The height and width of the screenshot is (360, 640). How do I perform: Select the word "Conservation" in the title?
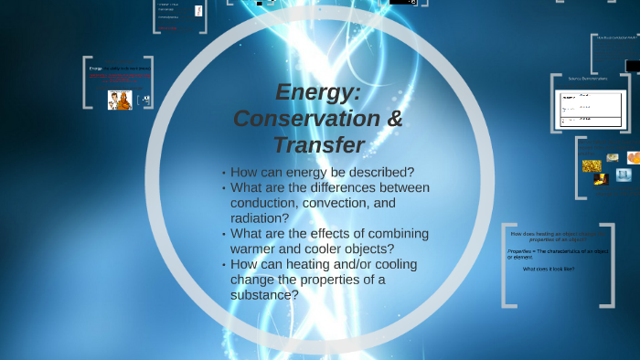[x=292, y=119]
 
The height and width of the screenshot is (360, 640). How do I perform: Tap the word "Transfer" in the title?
[x=318, y=145]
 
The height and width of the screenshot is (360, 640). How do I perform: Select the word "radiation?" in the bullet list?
[x=261, y=218]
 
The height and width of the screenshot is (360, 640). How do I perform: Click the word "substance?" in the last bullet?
[x=265, y=295]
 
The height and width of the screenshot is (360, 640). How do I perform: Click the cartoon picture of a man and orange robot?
[x=120, y=101]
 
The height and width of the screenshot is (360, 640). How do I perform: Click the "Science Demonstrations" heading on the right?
[x=589, y=79]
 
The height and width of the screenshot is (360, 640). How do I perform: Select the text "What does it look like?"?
[x=549, y=270]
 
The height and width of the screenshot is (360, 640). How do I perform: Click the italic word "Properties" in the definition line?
[x=520, y=250]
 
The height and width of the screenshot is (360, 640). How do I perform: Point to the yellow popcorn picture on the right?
[x=592, y=166]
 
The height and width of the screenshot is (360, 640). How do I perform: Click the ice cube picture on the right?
[x=624, y=175]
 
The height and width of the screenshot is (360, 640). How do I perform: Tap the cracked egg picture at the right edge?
[x=633, y=157]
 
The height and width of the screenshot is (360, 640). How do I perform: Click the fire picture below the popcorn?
[x=602, y=179]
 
